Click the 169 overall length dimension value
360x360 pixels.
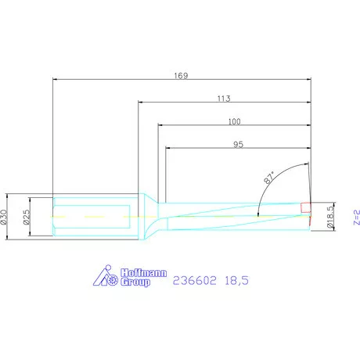tap(181, 76)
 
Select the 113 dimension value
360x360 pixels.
tap(224, 99)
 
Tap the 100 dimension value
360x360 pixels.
tap(234, 121)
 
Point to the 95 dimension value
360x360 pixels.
tap(238, 145)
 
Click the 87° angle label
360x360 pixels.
tap(269, 178)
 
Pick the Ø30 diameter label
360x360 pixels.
tap(3, 217)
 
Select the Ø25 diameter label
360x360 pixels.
tap(27, 217)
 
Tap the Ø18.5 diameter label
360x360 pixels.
tap(330, 217)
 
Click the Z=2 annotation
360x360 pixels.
tap(357, 218)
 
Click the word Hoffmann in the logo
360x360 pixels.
tap(143, 273)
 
